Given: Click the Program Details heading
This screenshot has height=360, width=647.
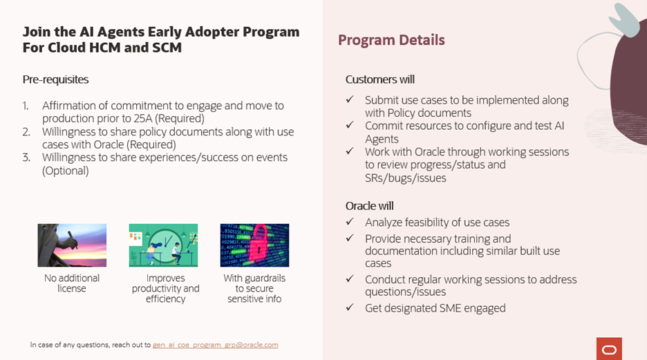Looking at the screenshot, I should [391, 40].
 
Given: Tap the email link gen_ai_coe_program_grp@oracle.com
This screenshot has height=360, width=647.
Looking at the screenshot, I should [216, 344].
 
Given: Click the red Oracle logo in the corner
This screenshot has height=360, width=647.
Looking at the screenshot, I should [609, 348].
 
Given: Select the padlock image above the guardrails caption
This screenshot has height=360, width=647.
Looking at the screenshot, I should [254, 245].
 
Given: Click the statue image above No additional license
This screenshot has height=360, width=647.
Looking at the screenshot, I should [72, 245].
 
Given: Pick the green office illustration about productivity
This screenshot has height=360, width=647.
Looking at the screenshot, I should [163, 245].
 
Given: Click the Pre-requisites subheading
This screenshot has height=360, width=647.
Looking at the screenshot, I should [55, 79].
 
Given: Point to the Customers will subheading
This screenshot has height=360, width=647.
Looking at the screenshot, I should [379, 79].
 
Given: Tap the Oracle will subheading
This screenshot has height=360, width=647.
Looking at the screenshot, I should [370, 205].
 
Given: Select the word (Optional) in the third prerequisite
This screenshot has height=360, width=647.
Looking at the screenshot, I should [66, 170].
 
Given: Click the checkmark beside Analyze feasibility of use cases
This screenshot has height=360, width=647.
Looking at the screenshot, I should [350, 222].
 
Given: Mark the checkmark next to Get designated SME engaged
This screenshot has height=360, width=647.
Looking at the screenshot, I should [350, 308].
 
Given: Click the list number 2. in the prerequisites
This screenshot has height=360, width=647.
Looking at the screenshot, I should [26, 131].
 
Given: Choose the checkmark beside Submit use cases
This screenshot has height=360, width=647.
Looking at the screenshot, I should [350, 100].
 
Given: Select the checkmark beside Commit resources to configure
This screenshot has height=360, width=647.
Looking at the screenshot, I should [350, 126].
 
